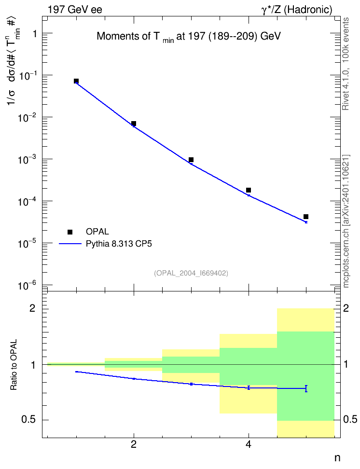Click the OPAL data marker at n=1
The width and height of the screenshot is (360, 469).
(x=76, y=81)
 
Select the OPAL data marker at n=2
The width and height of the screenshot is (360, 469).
(x=134, y=124)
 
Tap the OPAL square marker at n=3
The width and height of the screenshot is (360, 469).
(x=191, y=160)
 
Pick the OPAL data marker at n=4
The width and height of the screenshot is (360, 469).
(x=249, y=190)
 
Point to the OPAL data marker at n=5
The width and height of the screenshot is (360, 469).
(x=306, y=217)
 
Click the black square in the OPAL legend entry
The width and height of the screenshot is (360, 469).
(x=70, y=232)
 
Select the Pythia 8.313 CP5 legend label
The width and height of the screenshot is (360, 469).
(x=119, y=244)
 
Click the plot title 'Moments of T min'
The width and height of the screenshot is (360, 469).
(x=135, y=37)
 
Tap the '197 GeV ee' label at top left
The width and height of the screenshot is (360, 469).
(x=75, y=10)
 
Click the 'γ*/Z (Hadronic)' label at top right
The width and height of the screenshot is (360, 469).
(x=297, y=10)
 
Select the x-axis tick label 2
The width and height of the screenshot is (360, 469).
(x=134, y=444)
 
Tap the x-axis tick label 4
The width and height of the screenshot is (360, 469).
(x=249, y=444)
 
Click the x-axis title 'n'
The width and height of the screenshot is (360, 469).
(x=337, y=458)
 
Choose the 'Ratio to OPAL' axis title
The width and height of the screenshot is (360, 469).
(x=14, y=365)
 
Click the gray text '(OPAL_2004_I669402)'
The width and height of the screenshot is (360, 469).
(x=191, y=273)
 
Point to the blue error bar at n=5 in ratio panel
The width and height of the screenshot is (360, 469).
(x=306, y=388)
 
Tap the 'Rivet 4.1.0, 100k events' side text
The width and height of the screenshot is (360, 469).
(x=346, y=64)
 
